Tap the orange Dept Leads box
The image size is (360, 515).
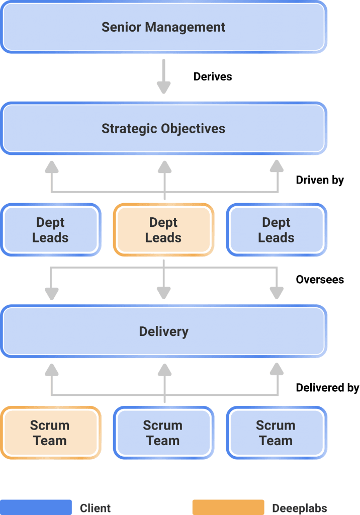(x=163, y=229)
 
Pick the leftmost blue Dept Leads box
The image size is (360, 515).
(x=50, y=229)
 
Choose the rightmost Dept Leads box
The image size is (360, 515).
(x=276, y=229)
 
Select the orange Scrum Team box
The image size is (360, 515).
(x=50, y=433)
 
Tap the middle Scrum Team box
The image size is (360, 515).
(x=163, y=433)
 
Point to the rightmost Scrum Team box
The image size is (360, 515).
(x=276, y=433)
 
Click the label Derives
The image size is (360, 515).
(x=213, y=76)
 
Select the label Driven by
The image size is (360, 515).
(x=320, y=180)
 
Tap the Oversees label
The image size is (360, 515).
(x=320, y=280)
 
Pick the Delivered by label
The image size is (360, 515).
(x=327, y=388)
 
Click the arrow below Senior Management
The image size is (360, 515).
(x=163, y=76)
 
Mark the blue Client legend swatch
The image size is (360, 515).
(x=36, y=507)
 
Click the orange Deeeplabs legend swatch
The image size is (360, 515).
(x=228, y=507)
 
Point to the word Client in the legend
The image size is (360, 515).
(x=96, y=508)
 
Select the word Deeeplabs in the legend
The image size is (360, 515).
(x=300, y=508)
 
